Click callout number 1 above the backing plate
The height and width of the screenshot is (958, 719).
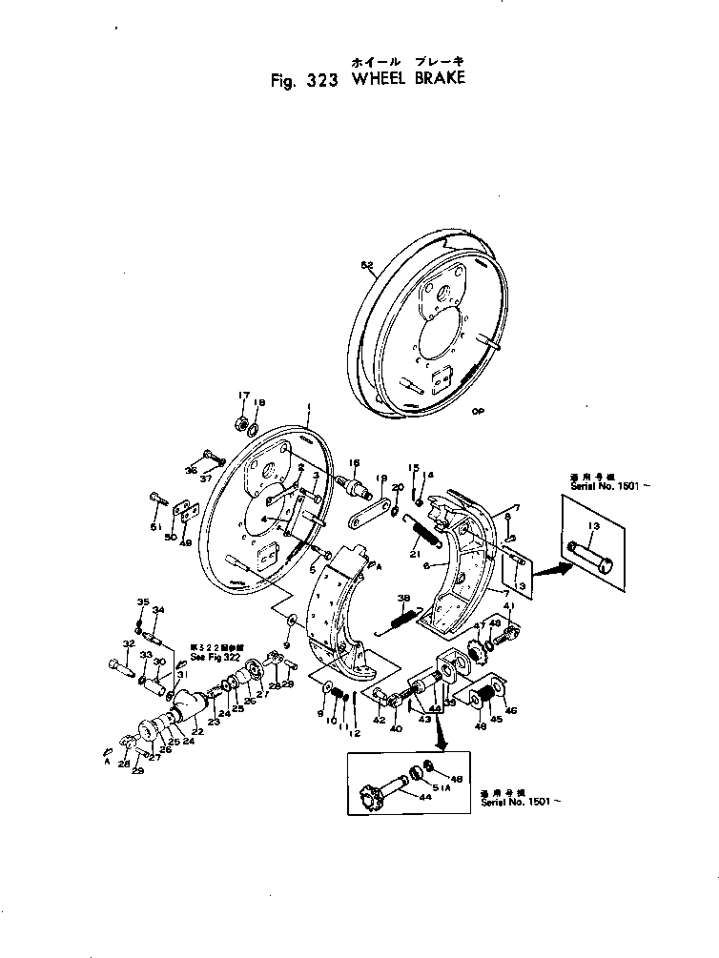(310, 406)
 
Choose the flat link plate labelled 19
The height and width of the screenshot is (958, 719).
(366, 515)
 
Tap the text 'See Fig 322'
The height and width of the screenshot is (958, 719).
(216, 658)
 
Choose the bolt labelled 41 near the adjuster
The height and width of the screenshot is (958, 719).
(506, 630)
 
